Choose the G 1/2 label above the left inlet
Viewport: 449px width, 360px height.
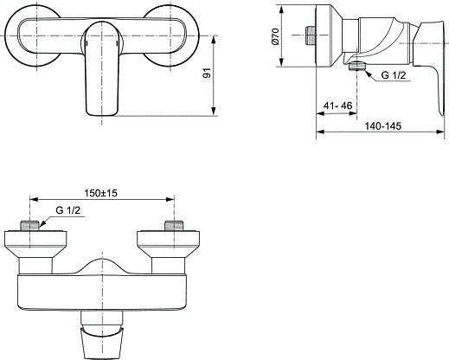pos(71,210)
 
